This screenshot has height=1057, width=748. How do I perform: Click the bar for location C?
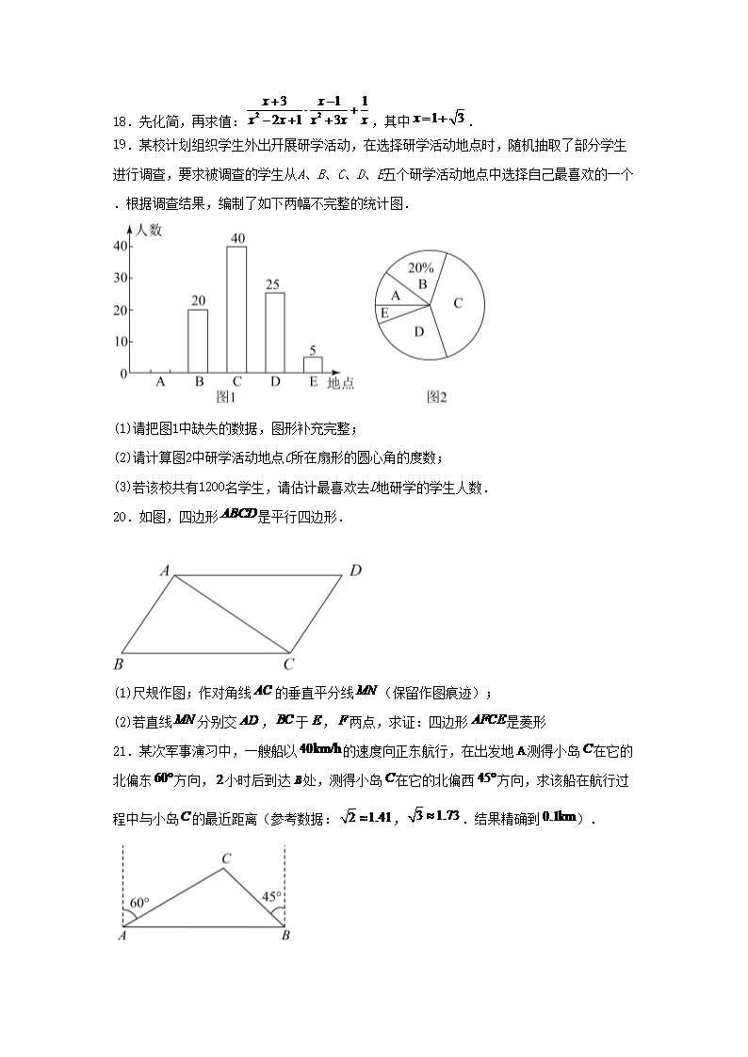[236, 310]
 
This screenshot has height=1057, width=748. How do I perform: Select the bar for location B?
[198, 341]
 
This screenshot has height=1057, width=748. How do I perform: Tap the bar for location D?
[274, 333]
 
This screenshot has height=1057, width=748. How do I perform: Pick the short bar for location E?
[313, 365]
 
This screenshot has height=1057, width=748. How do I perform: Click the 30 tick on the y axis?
[120, 278]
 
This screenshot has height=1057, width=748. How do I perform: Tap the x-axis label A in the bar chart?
[160, 382]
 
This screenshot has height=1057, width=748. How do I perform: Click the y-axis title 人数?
[149, 229]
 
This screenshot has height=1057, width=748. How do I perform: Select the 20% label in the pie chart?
[420, 267]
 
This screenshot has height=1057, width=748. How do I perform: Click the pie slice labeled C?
[459, 303]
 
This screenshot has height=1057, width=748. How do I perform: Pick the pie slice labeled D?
[418, 331]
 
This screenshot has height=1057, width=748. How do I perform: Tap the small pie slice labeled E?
[384, 312]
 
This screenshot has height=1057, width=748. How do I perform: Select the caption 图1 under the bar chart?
[226, 397]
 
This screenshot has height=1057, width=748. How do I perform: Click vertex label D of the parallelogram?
[355, 569]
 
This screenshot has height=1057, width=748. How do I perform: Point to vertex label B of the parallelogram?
[119, 665]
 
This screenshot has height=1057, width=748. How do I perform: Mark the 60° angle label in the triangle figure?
[139, 903]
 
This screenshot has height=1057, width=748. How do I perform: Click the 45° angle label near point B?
[272, 897]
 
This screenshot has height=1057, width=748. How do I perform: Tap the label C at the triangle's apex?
[226, 858]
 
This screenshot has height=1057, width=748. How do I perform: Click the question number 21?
[120, 751]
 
